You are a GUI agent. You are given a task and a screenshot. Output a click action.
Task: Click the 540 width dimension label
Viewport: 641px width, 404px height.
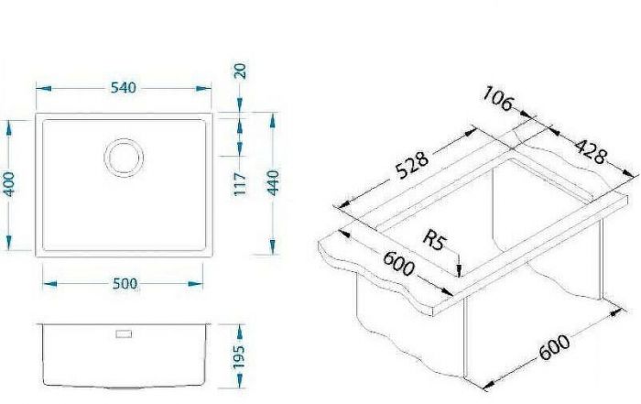(x=124, y=88)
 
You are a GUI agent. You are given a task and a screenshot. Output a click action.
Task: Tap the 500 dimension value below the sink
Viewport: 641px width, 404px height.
(x=123, y=283)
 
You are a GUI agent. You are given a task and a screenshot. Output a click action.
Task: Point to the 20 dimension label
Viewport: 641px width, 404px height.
(x=240, y=71)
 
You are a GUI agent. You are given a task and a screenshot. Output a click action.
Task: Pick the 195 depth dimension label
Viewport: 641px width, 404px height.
(x=240, y=355)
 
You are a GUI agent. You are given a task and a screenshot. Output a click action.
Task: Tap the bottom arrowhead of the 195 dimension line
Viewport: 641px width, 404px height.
(x=240, y=382)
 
